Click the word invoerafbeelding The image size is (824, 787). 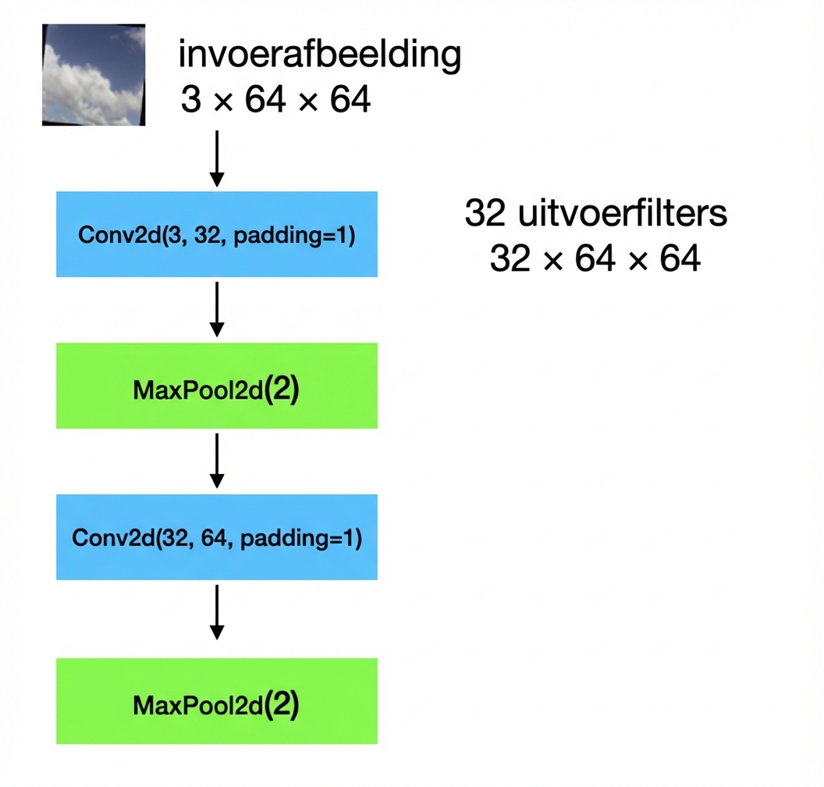(320, 56)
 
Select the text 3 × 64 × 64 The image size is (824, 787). (275, 100)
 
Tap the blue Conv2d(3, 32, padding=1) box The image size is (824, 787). (216, 234)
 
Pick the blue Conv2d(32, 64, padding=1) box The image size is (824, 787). (216, 537)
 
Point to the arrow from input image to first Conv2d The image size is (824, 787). (218, 158)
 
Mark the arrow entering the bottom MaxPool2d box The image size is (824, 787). (218, 612)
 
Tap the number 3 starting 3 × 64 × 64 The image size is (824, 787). (190, 100)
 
